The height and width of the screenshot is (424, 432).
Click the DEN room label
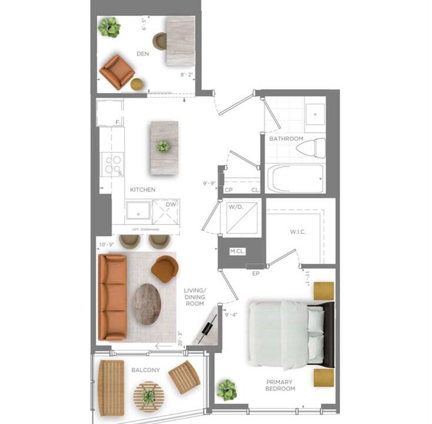pos(142,54)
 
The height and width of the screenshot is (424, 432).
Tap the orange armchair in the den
pos(117,72)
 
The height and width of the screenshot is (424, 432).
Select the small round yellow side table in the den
pos(138,84)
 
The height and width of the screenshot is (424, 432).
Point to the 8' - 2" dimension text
pos(187,75)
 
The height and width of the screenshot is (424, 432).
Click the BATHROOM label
pos(286,138)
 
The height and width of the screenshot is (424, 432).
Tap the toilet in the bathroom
pos(311,148)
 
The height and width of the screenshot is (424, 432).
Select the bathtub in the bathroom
pos(296,178)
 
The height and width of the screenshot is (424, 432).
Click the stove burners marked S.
pos(113,164)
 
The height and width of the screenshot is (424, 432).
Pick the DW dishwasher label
pos(171,204)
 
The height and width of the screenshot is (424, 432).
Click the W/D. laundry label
pos(236,207)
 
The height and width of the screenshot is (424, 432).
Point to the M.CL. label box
pos(237,251)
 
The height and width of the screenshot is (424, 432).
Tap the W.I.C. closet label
pos(298,232)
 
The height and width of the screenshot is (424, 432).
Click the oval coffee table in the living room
pos(147,304)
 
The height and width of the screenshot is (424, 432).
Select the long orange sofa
pos(112,297)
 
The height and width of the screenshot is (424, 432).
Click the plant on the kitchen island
pos(164,146)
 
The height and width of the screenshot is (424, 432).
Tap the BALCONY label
pos(145,370)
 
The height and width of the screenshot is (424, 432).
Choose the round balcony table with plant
pos(149,396)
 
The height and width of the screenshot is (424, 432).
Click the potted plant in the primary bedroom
pos(227,390)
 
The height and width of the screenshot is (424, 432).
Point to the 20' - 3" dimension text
pos(180,339)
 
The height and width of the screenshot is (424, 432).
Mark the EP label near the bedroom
pos(256,274)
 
